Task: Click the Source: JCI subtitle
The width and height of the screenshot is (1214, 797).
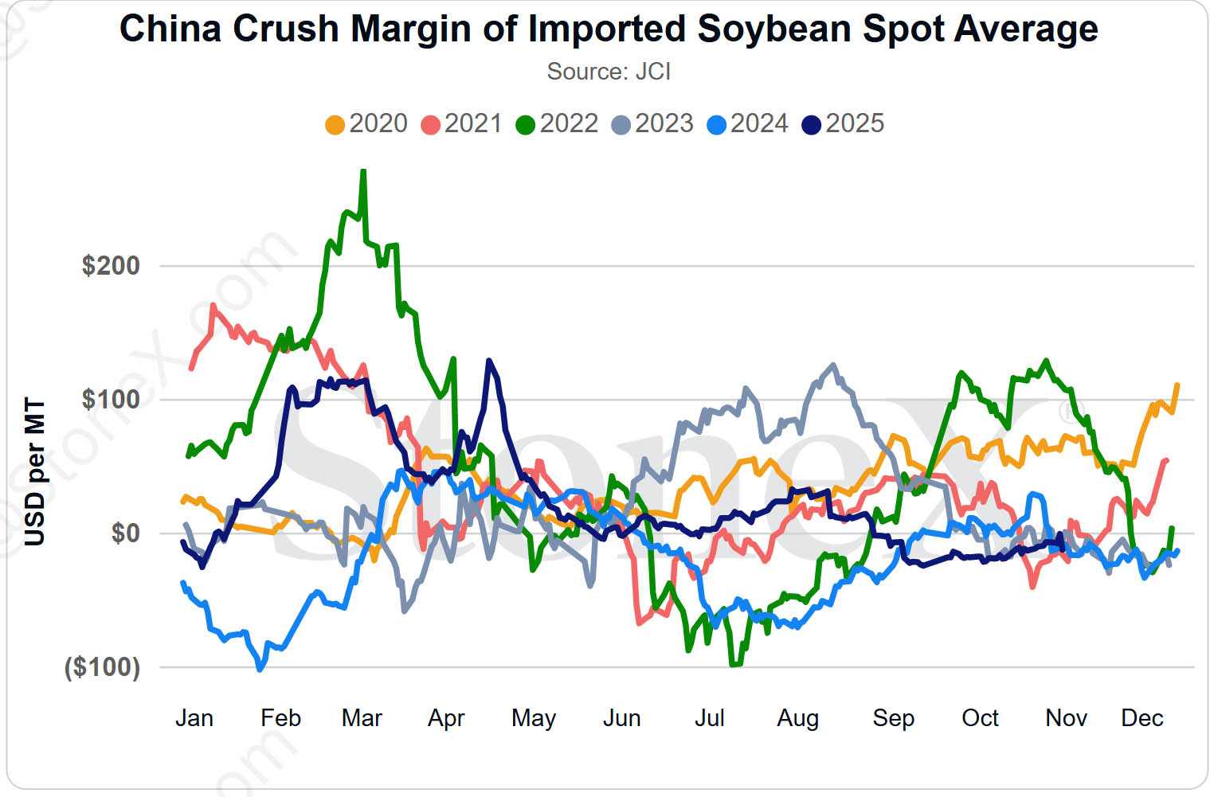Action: pos(609,72)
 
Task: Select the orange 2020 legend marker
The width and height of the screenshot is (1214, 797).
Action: pos(335,125)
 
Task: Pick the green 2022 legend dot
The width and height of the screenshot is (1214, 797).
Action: pos(525,125)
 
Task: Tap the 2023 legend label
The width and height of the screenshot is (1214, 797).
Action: pos(664,123)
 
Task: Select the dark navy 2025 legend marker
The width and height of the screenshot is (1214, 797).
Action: pos(811,125)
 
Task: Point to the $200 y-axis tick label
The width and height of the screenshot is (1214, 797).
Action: pos(111,265)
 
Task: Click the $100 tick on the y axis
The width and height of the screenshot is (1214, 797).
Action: pos(111,399)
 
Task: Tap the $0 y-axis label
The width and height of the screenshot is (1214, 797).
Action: pos(125,533)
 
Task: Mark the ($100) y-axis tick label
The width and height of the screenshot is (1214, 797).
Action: pos(102,666)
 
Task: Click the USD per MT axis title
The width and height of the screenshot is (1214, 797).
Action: pos(34,471)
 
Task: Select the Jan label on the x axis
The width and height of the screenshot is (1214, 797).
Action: pos(194,718)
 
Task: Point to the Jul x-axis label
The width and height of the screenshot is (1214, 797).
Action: pos(709,718)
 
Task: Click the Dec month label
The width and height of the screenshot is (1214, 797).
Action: pos(1142,718)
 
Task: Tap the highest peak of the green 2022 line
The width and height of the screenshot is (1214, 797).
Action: pos(363,171)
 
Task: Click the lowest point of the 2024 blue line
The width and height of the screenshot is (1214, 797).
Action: pos(260,669)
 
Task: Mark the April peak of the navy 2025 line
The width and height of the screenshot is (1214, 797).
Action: pos(489,361)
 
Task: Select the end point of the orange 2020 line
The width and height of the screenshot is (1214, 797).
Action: pos(1177,385)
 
